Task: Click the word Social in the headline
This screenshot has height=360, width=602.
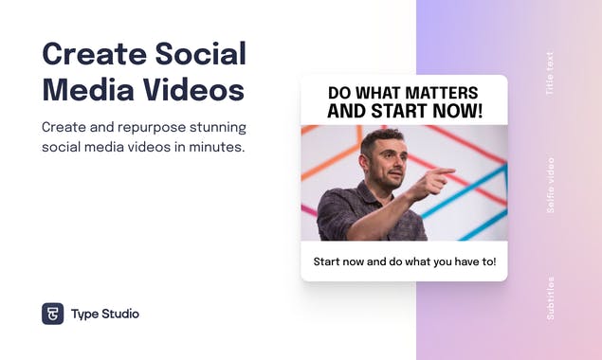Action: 198,53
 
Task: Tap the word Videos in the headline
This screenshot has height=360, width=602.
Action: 194,91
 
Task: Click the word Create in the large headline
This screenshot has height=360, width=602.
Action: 90,53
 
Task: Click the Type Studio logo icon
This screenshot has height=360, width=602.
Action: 52,314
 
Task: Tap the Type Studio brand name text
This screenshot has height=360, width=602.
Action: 105,314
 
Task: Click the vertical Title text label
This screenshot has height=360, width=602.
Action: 551,74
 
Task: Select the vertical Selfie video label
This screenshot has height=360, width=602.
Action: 551,185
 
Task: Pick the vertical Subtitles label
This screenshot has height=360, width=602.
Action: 551,298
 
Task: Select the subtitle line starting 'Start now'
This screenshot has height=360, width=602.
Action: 404,261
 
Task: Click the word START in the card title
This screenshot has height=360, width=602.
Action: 392,111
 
